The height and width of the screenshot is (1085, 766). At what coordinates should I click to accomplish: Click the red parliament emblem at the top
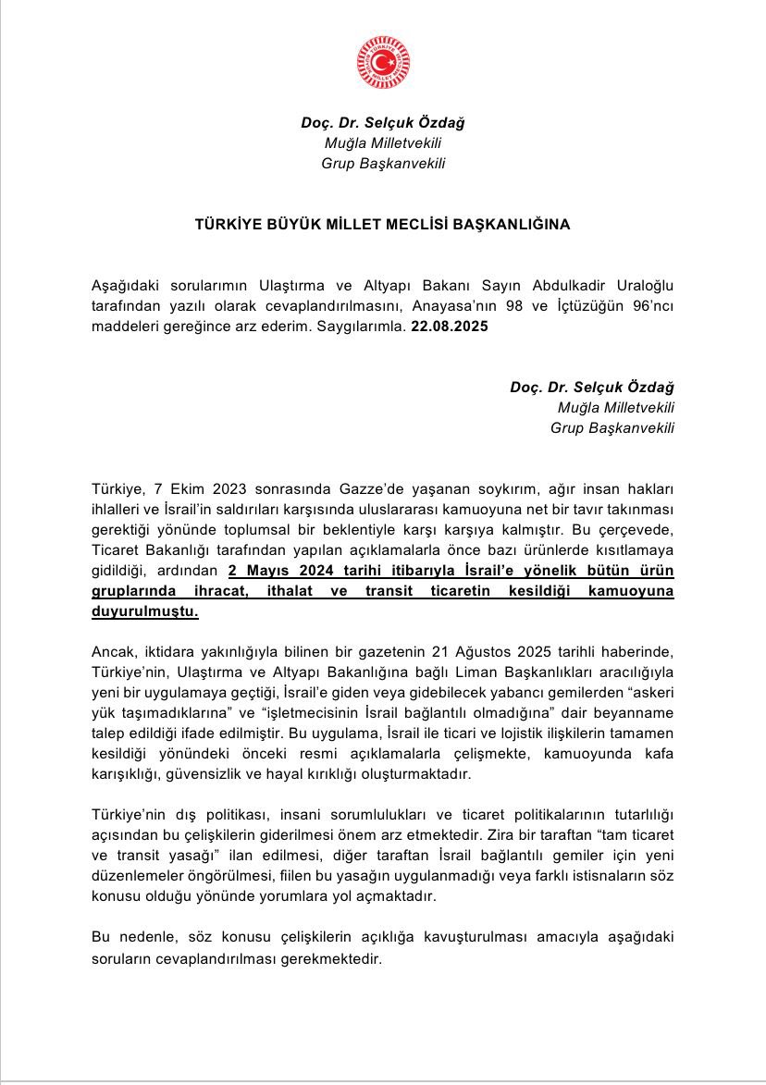tap(383, 63)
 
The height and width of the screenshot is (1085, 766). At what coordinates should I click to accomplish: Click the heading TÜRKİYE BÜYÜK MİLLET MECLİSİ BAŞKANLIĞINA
tap(383, 225)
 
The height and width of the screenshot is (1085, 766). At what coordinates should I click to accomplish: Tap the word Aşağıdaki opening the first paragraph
tap(126, 281)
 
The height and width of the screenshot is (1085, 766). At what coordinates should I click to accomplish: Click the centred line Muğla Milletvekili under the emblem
tap(383, 143)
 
